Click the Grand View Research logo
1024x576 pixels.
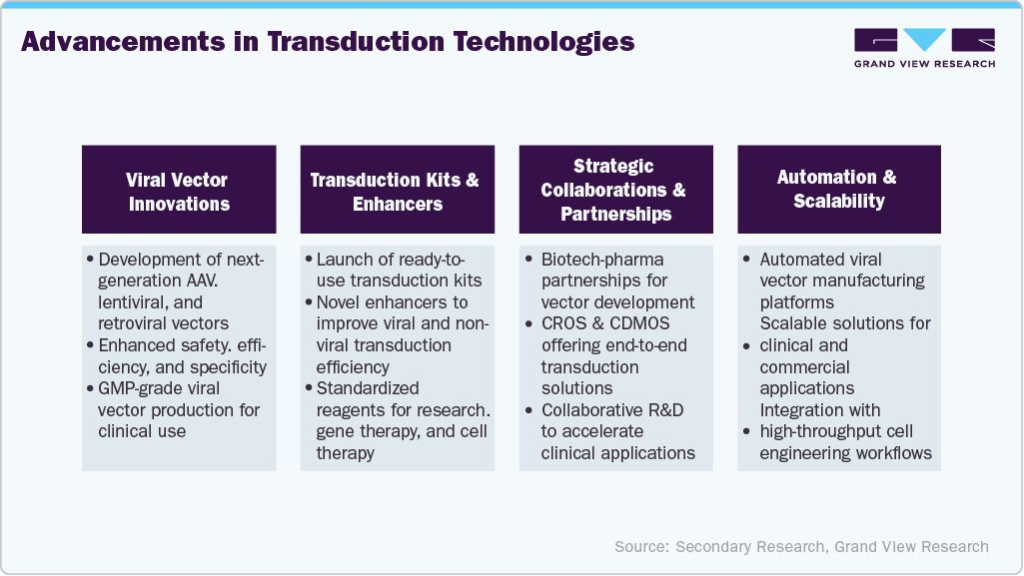[924, 47]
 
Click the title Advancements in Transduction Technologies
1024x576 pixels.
[328, 43]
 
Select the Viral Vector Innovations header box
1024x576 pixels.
[178, 191]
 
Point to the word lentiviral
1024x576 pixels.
[133, 301]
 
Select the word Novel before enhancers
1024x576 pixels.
[339, 301]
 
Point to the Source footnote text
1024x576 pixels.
[801, 546]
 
